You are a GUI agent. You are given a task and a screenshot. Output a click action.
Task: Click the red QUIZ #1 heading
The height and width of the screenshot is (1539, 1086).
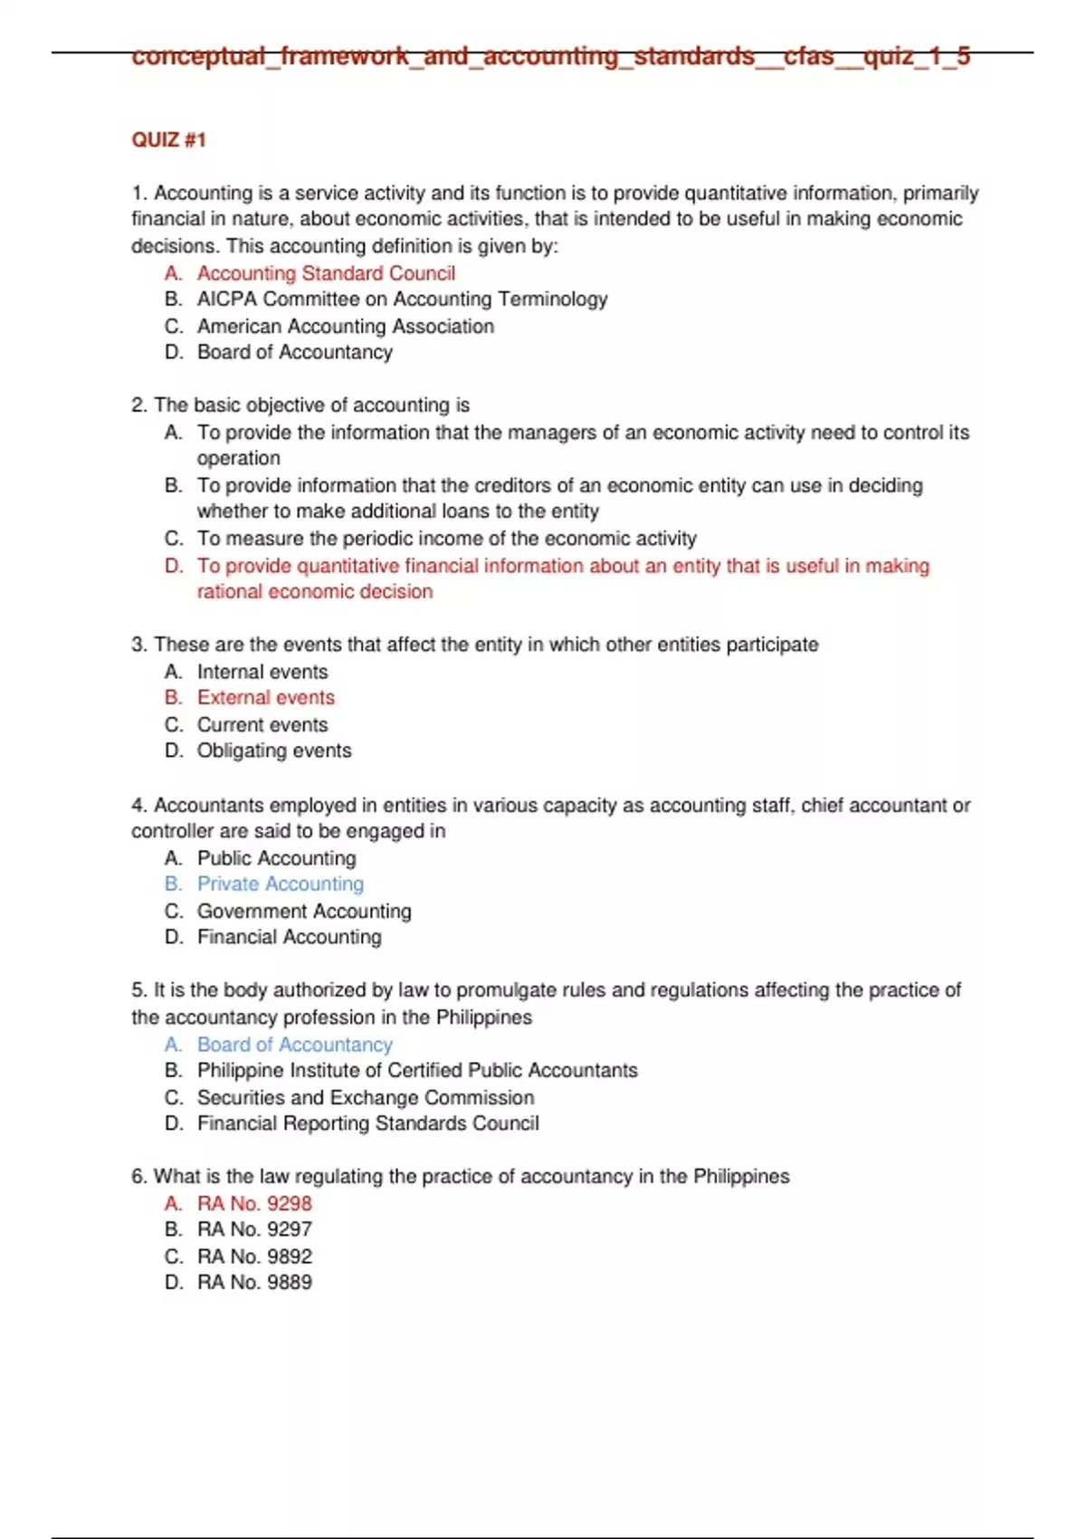coord(169,140)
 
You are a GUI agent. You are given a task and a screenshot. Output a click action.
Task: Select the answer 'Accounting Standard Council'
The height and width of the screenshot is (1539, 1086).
coord(326,273)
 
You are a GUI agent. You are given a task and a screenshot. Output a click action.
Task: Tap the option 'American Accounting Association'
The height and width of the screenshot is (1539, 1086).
coord(346,326)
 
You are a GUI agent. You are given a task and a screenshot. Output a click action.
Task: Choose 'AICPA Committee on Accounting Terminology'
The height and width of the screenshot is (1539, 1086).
coord(402,300)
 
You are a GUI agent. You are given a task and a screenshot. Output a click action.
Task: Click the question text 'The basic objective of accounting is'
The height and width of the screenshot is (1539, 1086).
coord(311,406)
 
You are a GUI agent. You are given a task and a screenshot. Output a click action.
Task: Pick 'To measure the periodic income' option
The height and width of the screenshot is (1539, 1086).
coord(446,539)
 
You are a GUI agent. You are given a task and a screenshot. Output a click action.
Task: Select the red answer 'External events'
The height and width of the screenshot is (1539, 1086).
coord(266,698)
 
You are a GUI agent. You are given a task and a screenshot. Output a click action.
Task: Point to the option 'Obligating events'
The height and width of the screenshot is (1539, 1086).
coord(274,750)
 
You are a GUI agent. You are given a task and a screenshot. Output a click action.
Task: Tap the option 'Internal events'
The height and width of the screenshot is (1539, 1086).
coord(262,672)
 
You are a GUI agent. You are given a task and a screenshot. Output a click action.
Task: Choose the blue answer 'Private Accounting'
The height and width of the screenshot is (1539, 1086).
coord(281,884)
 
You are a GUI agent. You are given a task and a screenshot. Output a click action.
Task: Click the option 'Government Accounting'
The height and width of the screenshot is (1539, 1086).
coord(304,912)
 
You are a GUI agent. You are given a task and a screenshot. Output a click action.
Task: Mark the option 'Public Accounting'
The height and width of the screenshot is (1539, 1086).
coord(276,858)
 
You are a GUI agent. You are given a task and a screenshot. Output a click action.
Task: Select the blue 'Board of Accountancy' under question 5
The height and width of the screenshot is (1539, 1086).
coord(295,1045)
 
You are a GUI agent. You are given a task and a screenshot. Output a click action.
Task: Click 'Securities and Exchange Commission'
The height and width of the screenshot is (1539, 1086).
coord(366,1098)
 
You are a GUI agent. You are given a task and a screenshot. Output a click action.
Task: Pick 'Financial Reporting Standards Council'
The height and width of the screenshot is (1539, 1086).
coord(367,1123)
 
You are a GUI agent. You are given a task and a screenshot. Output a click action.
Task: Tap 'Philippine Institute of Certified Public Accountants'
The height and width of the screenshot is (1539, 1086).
coord(417,1071)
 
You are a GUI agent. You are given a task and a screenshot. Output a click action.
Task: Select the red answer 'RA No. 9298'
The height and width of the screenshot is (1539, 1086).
coord(254,1204)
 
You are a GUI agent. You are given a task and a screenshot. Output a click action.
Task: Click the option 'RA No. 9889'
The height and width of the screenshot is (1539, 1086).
coord(254,1283)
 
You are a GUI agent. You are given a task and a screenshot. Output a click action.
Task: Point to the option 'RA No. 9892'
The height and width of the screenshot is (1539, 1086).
coord(254,1257)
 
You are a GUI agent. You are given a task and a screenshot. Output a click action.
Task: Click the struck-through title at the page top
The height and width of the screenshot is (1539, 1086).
coord(550,56)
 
